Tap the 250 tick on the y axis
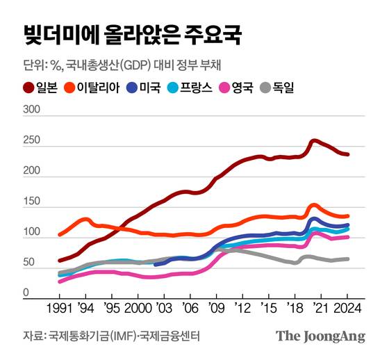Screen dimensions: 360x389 [32, 142]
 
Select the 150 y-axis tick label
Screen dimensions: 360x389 [32, 203]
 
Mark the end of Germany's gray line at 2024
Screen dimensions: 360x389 [348, 259]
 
